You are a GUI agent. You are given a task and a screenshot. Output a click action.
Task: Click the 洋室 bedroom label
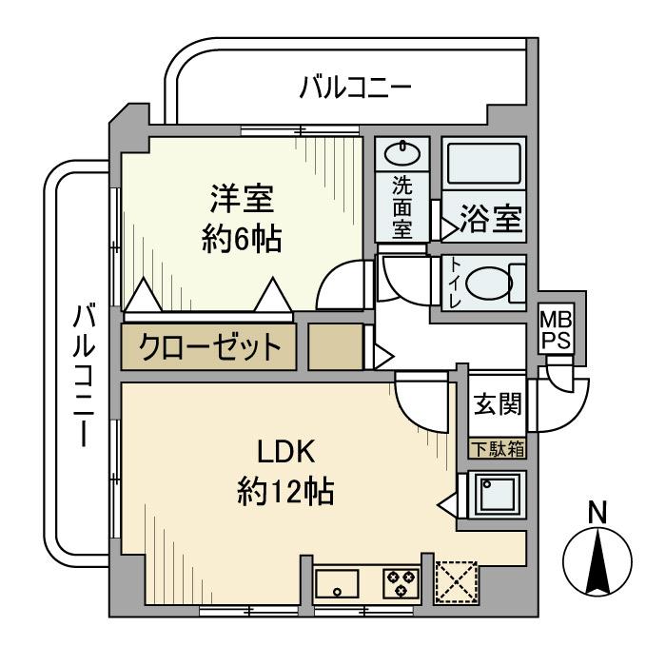click(x=242, y=199)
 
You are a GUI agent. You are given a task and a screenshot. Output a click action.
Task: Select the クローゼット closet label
click(x=210, y=346)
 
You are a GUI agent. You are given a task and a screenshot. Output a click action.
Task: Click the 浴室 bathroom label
click(x=491, y=218)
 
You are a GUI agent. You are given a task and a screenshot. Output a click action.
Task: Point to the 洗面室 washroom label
click(x=402, y=207)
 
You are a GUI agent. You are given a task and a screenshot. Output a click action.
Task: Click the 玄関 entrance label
click(x=498, y=403)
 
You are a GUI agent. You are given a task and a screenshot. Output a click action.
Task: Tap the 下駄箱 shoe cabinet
click(x=498, y=448)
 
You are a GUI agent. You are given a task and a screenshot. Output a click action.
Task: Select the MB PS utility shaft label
click(x=557, y=329)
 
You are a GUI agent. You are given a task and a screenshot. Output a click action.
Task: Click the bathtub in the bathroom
click(x=484, y=164)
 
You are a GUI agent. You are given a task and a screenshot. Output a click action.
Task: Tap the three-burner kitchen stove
click(x=402, y=583)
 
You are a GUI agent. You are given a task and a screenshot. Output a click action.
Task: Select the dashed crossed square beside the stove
click(x=456, y=582)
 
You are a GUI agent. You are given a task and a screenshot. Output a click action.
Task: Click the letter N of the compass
click(x=597, y=514)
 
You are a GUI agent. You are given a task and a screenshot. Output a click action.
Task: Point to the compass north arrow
click(x=597, y=561)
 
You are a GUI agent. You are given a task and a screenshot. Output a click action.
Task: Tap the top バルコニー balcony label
click(x=356, y=88)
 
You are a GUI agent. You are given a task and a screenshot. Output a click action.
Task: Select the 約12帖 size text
click(x=285, y=492)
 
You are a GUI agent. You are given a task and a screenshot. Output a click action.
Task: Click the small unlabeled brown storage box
click(x=336, y=346)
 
